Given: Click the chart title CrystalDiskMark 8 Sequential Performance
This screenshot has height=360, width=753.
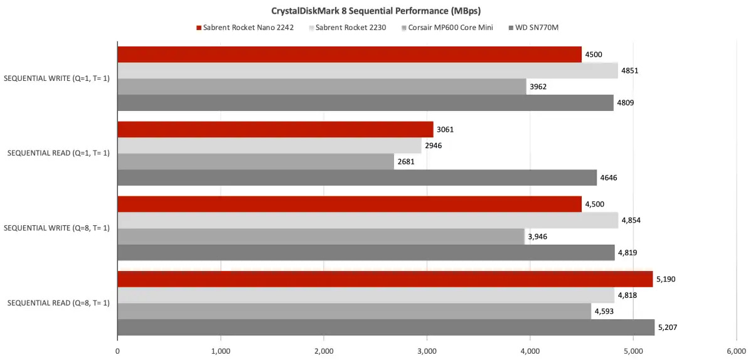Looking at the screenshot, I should (376, 11).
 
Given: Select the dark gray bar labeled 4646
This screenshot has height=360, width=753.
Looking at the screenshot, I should (357, 178).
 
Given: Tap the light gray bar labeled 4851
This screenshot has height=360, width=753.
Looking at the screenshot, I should (367, 71).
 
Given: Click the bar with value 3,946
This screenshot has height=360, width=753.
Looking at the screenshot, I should (321, 236).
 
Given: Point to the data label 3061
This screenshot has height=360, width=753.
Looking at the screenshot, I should (444, 130).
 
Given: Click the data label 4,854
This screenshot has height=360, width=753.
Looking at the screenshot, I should (631, 220).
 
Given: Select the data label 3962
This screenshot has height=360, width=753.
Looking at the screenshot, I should (538, 87).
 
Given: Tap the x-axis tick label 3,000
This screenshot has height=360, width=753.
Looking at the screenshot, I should (427, 352).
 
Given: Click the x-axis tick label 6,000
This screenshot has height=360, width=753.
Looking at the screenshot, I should (736, 352).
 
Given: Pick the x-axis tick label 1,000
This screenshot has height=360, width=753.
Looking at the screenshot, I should (220, 352).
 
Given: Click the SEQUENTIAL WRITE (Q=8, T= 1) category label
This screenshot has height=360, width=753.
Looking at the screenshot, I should (57, 228).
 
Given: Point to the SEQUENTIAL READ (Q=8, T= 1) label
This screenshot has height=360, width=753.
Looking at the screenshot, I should (58, 304).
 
